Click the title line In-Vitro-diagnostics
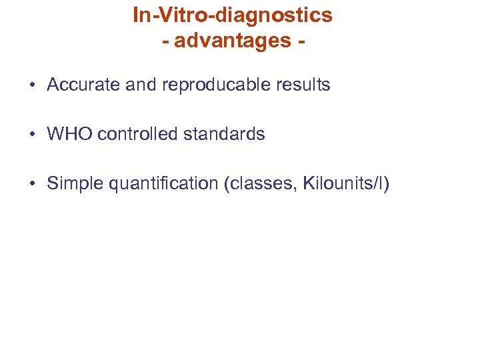(x=233, y=15)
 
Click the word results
(x=303, y=85)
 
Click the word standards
(x=224, y=134)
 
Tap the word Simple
(x=73, y=183)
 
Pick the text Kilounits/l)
(x=345, y=183)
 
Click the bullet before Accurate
(x=32, y=86)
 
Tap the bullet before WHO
(x=32, y=135)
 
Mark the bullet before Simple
(x=32, y=184)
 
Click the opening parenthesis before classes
(x=227, y=183)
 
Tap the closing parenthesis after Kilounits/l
(x=386, y=183)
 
